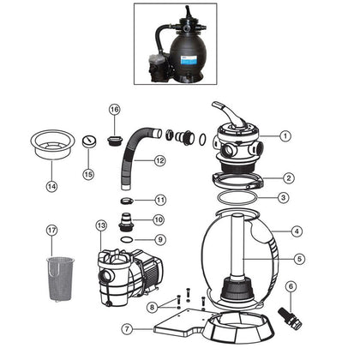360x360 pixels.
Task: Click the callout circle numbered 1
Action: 285,135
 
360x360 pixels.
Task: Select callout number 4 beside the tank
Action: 296,231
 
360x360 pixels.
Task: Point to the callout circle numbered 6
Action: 291,286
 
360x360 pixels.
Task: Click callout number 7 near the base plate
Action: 127,328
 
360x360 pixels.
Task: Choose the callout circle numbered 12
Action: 159,160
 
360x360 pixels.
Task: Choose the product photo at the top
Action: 179,44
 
